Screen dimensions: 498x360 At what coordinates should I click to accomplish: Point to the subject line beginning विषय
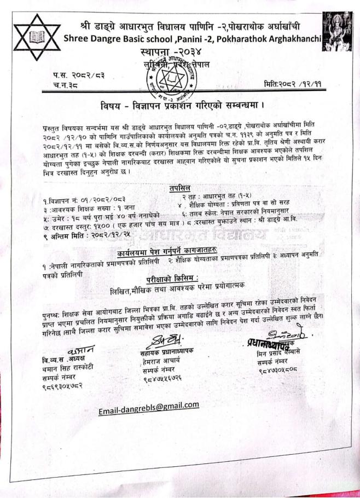(x=181, y=104)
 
